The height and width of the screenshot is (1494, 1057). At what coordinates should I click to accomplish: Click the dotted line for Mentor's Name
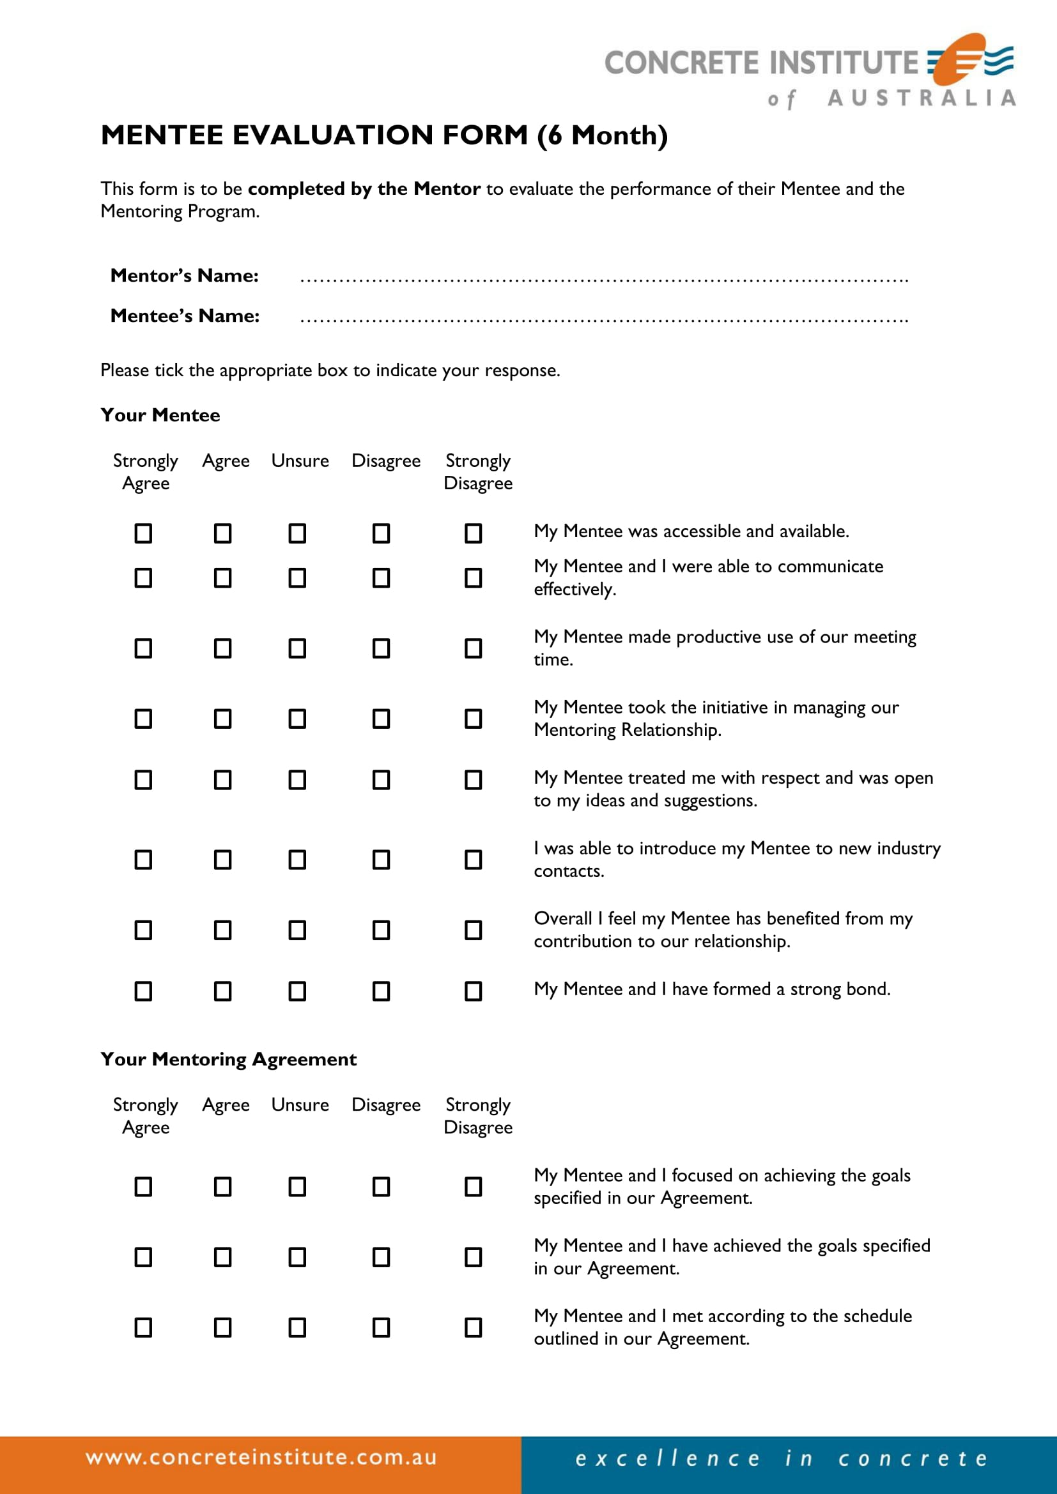(x=603, y=278)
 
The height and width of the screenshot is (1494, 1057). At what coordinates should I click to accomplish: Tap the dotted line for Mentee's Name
(x=603, y=319)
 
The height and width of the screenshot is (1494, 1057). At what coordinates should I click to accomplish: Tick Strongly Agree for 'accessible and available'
(x=143, y=533)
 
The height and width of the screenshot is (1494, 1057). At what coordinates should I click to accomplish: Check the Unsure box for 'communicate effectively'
(x=297, y=578)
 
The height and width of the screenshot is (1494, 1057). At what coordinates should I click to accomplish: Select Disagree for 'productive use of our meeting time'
(x=382, y=648)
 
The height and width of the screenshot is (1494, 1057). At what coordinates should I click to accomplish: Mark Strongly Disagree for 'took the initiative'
(x=473, y=719)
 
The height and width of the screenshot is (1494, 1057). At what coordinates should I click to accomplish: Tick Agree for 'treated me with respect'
(x=222, y=779)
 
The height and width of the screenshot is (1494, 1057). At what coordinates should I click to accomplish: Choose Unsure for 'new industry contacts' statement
(x=297, y=860)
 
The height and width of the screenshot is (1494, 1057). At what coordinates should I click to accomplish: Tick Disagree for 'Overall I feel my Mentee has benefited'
(x=382, y=930)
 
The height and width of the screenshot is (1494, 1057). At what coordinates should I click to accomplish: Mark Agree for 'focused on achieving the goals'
(x=222, y=1187)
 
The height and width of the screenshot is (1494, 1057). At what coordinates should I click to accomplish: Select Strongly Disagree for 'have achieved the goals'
(x=473, y=1257)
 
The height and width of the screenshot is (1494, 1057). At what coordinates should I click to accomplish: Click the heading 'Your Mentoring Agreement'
(x=228, y=1058)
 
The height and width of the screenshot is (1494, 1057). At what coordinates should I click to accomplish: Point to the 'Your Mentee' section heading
(x=160, y=415)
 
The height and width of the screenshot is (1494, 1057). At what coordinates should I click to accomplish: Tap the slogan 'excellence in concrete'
(x=781, y=1458)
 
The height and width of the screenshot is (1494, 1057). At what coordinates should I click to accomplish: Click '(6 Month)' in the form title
(x=602, y=135)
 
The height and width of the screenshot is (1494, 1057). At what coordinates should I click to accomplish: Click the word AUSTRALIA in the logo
(x=921, y=98)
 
